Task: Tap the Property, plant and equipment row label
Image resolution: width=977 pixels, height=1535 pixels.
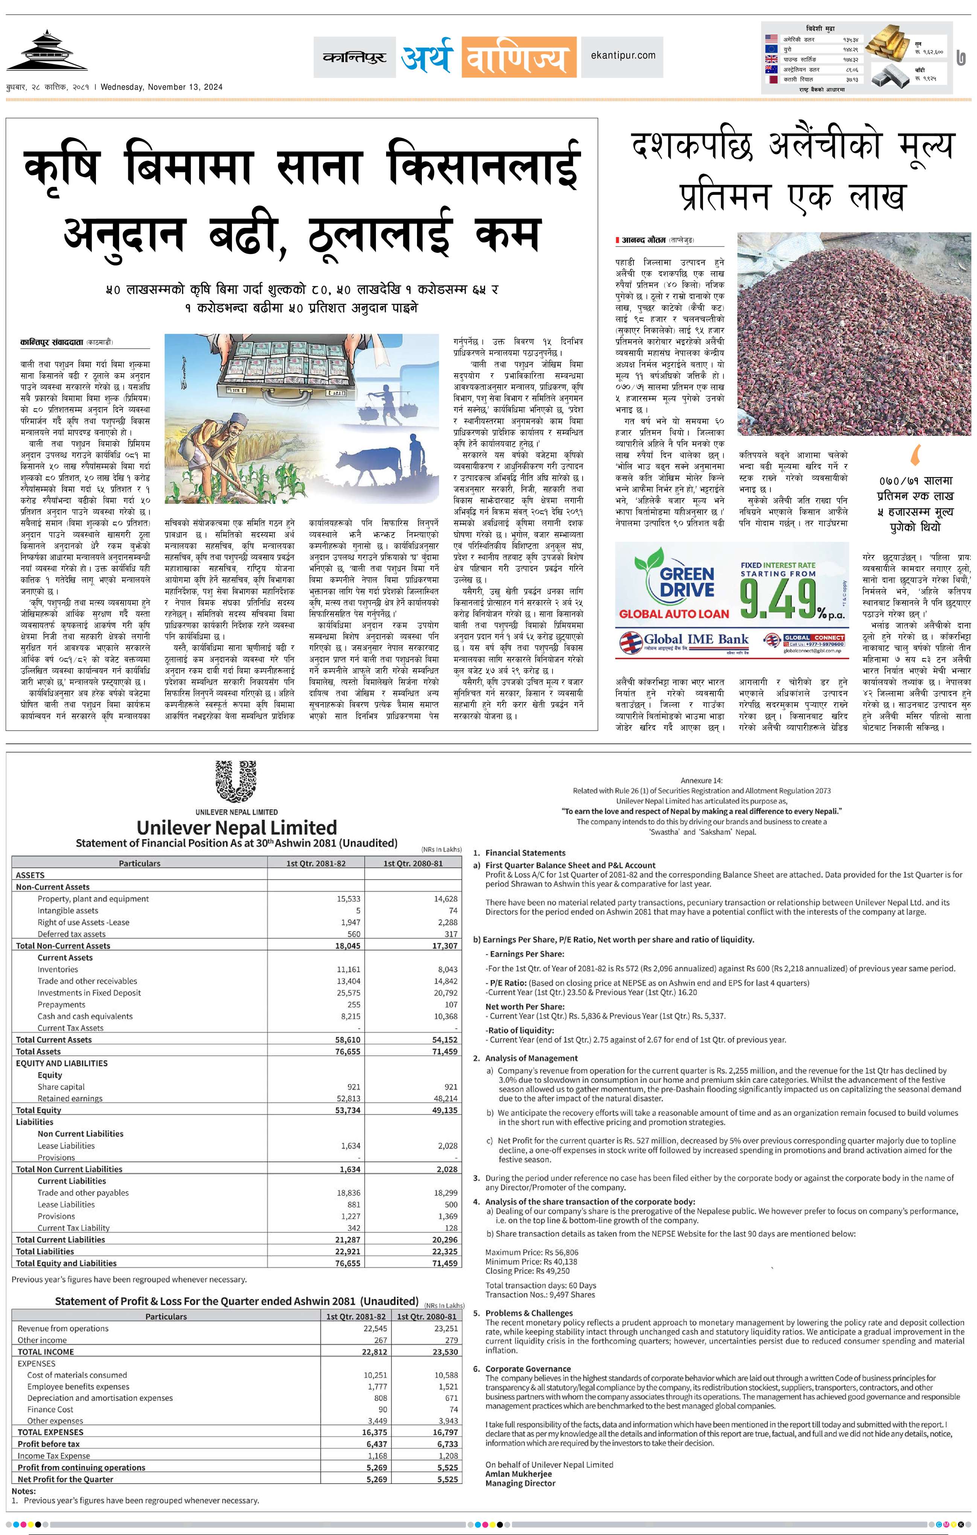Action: coord(93,899)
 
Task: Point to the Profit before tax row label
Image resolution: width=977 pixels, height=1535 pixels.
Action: coord(49,1444)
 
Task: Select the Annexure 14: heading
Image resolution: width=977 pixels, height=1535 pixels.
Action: coord(702,780)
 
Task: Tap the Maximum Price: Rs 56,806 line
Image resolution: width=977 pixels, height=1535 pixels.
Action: coord(532,1252)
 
